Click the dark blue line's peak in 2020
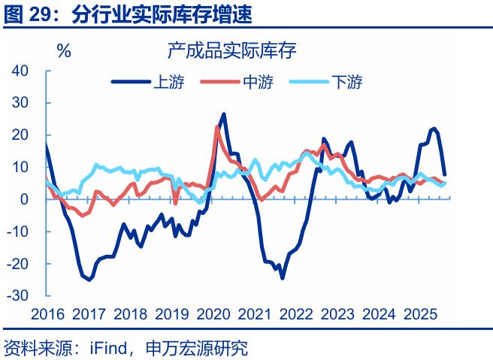(225, 114)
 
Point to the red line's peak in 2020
(217, 127)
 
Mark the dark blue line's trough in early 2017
(89, 280)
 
